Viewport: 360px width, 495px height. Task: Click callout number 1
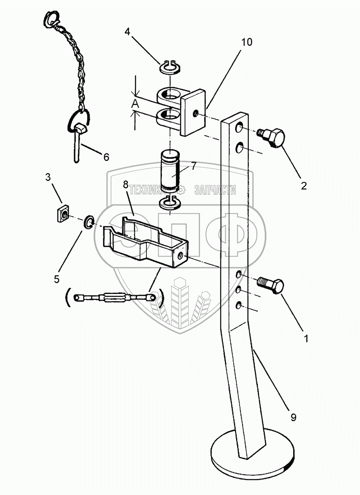[x=306, y=339]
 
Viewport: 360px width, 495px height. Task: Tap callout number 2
[x=304, y=185]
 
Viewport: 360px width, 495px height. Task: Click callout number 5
[x=56, y=278]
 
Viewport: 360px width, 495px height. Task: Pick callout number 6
[x=106, y=157]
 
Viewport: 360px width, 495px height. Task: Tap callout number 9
[x=293, y=417]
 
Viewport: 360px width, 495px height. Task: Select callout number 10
[x=247, y=42]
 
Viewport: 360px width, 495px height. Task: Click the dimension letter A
[x=136, y=105]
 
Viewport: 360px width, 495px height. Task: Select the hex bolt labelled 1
[x=272, y=285]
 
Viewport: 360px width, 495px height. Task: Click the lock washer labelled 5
[x=89, y=222]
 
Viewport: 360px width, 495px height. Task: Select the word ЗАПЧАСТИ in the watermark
[x=215, y=190]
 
